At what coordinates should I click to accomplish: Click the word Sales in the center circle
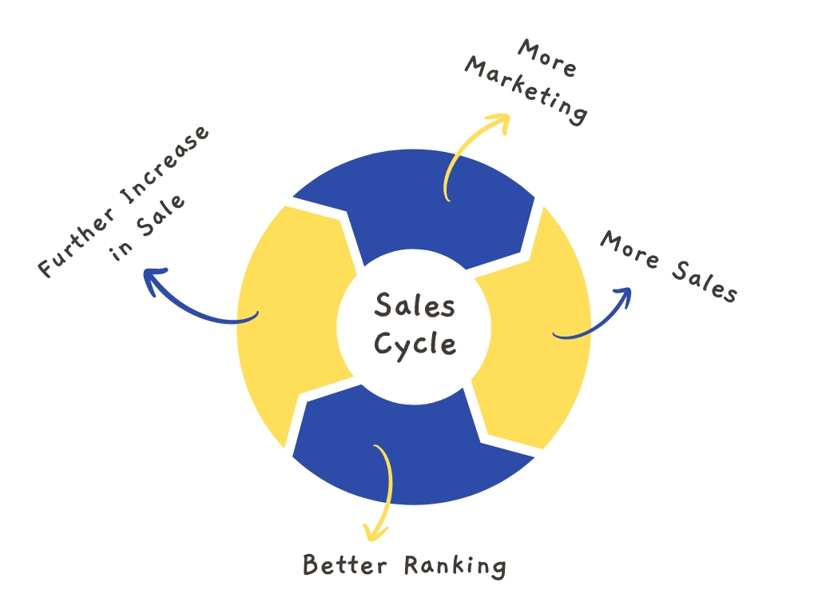[x=415, y=305]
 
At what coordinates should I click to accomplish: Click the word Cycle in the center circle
[x=415, y=345]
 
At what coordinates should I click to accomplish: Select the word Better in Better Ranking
[x=345, y=565]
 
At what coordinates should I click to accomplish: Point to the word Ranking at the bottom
[x=455, y=567]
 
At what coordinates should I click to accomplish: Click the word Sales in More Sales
[x=705, y=282]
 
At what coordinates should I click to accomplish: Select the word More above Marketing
[x=546, y=58]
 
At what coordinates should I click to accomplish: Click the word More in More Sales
[x=629, y=249]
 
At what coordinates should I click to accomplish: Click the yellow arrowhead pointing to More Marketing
[x=500, y=122]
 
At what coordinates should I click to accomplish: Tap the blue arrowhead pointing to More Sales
[x=623, y=297]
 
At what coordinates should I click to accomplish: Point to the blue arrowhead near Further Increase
[x=154, y=279]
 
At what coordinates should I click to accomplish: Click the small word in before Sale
[x=121, y=250]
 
